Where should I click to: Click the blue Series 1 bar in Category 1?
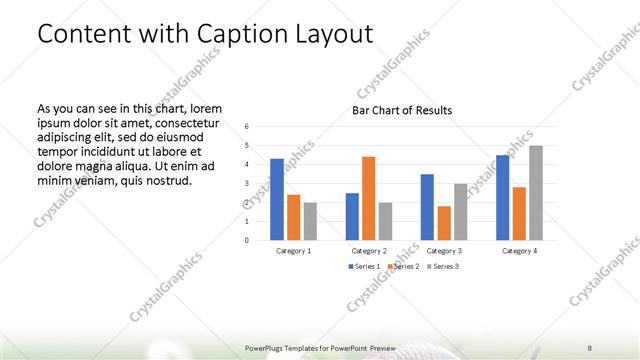pyautogui.click(x=277, y=199)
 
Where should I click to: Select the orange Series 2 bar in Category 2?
pyautogui.click(x=368, y=198)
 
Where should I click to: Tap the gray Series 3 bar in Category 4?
pyautogui.click(x=535, y=193)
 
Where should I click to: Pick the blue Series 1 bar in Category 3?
pyautogui.click(x=427, y=207)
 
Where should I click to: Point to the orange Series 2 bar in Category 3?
pyautogui.click(x=443, y=223)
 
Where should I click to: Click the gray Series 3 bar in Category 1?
pyautogui.click(x=309, y=221)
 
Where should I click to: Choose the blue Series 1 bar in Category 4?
pyautogui.click(x=503, y=197)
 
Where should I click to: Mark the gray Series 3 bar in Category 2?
pyautogui.click(x=385, y=221)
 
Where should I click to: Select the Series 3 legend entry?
pyautogui.click(x=445, y=267)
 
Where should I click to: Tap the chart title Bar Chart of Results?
pyautogui.click(x=401, y=110)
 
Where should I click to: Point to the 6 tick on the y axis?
pyautogui.click(x=248, y=127)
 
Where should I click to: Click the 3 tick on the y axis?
pyautogui.click(x=248, y=184)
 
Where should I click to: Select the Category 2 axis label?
pyautogui.click(x=369, y=250)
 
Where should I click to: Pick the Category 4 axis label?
pyautogui.click(x=520, y=250)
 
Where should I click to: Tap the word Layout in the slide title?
pyautogui.click(x=334, y=34)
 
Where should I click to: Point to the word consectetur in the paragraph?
pyautogui.click(x=187, y=120)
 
